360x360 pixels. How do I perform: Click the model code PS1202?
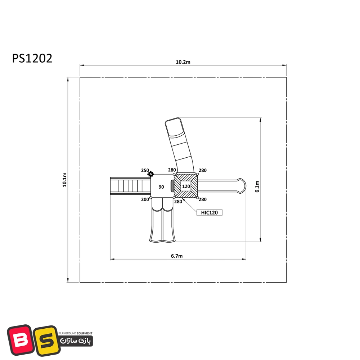(32, 58)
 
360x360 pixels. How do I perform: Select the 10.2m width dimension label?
(183, 62)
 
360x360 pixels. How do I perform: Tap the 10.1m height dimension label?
(64, 180)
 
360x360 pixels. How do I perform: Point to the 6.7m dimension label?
(177, 256)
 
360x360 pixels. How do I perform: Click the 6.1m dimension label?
(257, 186)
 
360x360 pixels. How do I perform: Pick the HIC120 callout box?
(210, 213)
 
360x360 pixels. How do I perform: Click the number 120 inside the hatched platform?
(186, 186)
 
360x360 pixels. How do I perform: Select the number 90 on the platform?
(161, 187)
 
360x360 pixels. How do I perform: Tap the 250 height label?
(145, 170)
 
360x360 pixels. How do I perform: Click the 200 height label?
(145, 199)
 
